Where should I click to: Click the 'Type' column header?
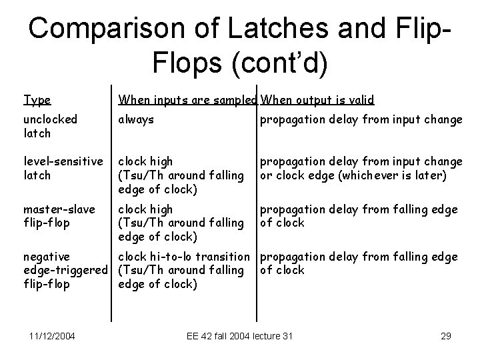pyautogui.click(x=37, y=100)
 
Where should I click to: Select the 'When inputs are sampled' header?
pyautogui.click(x=187, y=100)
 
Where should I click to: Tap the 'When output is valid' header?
pyautogui.click(x=317, y=100)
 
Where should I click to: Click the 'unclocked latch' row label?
pyautogui.click(x=50, y=126)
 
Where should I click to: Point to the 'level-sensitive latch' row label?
pyautogui.click(x=63, y=167)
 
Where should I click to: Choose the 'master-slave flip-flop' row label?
pyautogui.click(x=58, y=216)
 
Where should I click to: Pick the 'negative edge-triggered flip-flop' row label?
pyautogui.click(x=65, y=270)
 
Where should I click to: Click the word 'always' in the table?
pyautogui.click(x=136, y=119)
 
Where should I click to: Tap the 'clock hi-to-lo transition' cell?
pyautogui.click(x=187, y=257)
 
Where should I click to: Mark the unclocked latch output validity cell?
pyautogui.click(x=361, y=119)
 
